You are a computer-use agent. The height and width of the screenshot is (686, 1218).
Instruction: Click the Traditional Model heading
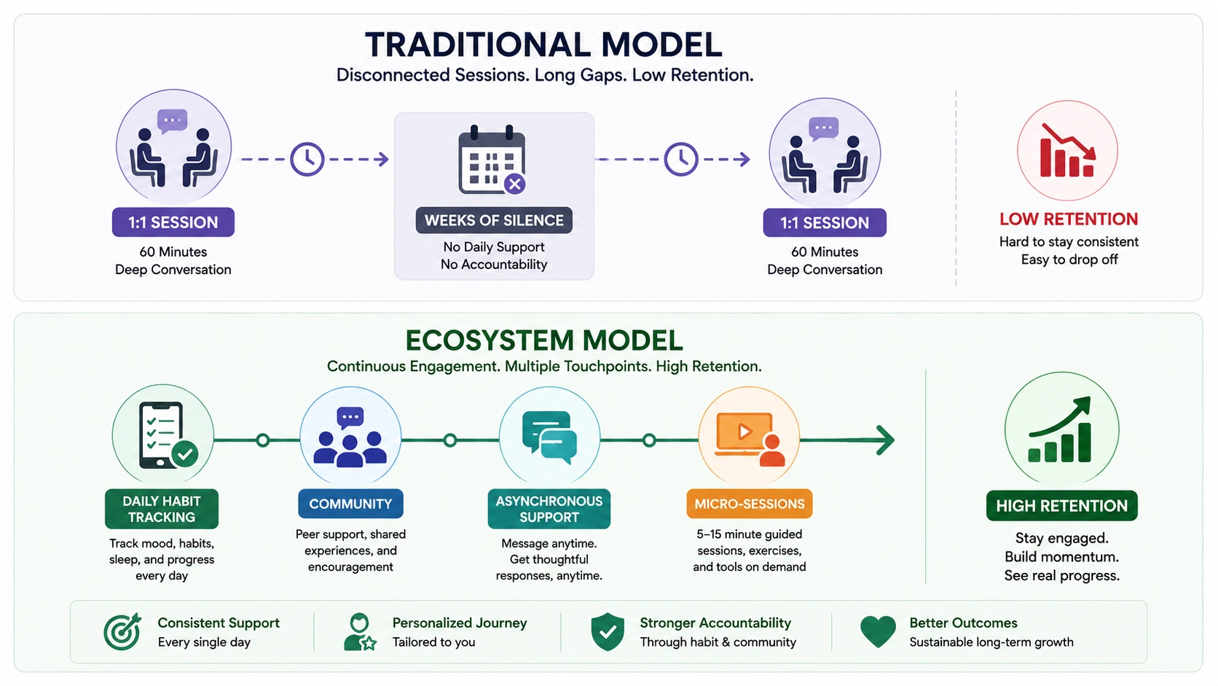click(x=543, y=44)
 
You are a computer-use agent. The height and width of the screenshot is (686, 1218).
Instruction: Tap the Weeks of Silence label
click(x=494, y=220)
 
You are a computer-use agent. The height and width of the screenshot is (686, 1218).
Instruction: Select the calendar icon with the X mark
click(x=492, y=160)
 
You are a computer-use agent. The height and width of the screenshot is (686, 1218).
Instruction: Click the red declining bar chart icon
click(x=1067, y=151)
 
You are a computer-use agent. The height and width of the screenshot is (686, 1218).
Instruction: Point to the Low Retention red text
click(x=1069, y=219)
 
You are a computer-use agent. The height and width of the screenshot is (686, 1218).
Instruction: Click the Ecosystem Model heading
click(x=543, y=340)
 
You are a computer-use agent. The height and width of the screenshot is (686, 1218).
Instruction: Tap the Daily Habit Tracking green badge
click(x=162, y=509)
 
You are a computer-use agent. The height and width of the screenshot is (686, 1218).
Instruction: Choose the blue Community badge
click(x=350, y=504)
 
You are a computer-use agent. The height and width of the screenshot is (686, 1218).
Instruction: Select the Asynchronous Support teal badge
click(x=549, y=509)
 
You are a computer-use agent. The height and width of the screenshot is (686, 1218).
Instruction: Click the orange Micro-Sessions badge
click(x=750, y=504)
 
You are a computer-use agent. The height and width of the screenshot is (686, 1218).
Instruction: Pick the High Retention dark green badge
click(x=1061, y=505)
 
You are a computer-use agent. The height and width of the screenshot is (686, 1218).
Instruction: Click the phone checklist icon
click(x=167, y=435)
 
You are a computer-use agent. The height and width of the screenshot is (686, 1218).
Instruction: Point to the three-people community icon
click(x=350, y=438)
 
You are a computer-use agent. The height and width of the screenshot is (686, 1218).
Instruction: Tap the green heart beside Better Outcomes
click(x=878, y=631)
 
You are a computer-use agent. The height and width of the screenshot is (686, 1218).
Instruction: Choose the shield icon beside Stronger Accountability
click(x=608, y=631)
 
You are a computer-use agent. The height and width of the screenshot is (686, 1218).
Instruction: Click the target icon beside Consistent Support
click(x=122, y=631)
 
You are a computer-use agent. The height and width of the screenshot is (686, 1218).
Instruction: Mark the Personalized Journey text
click(x=460, y=623)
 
